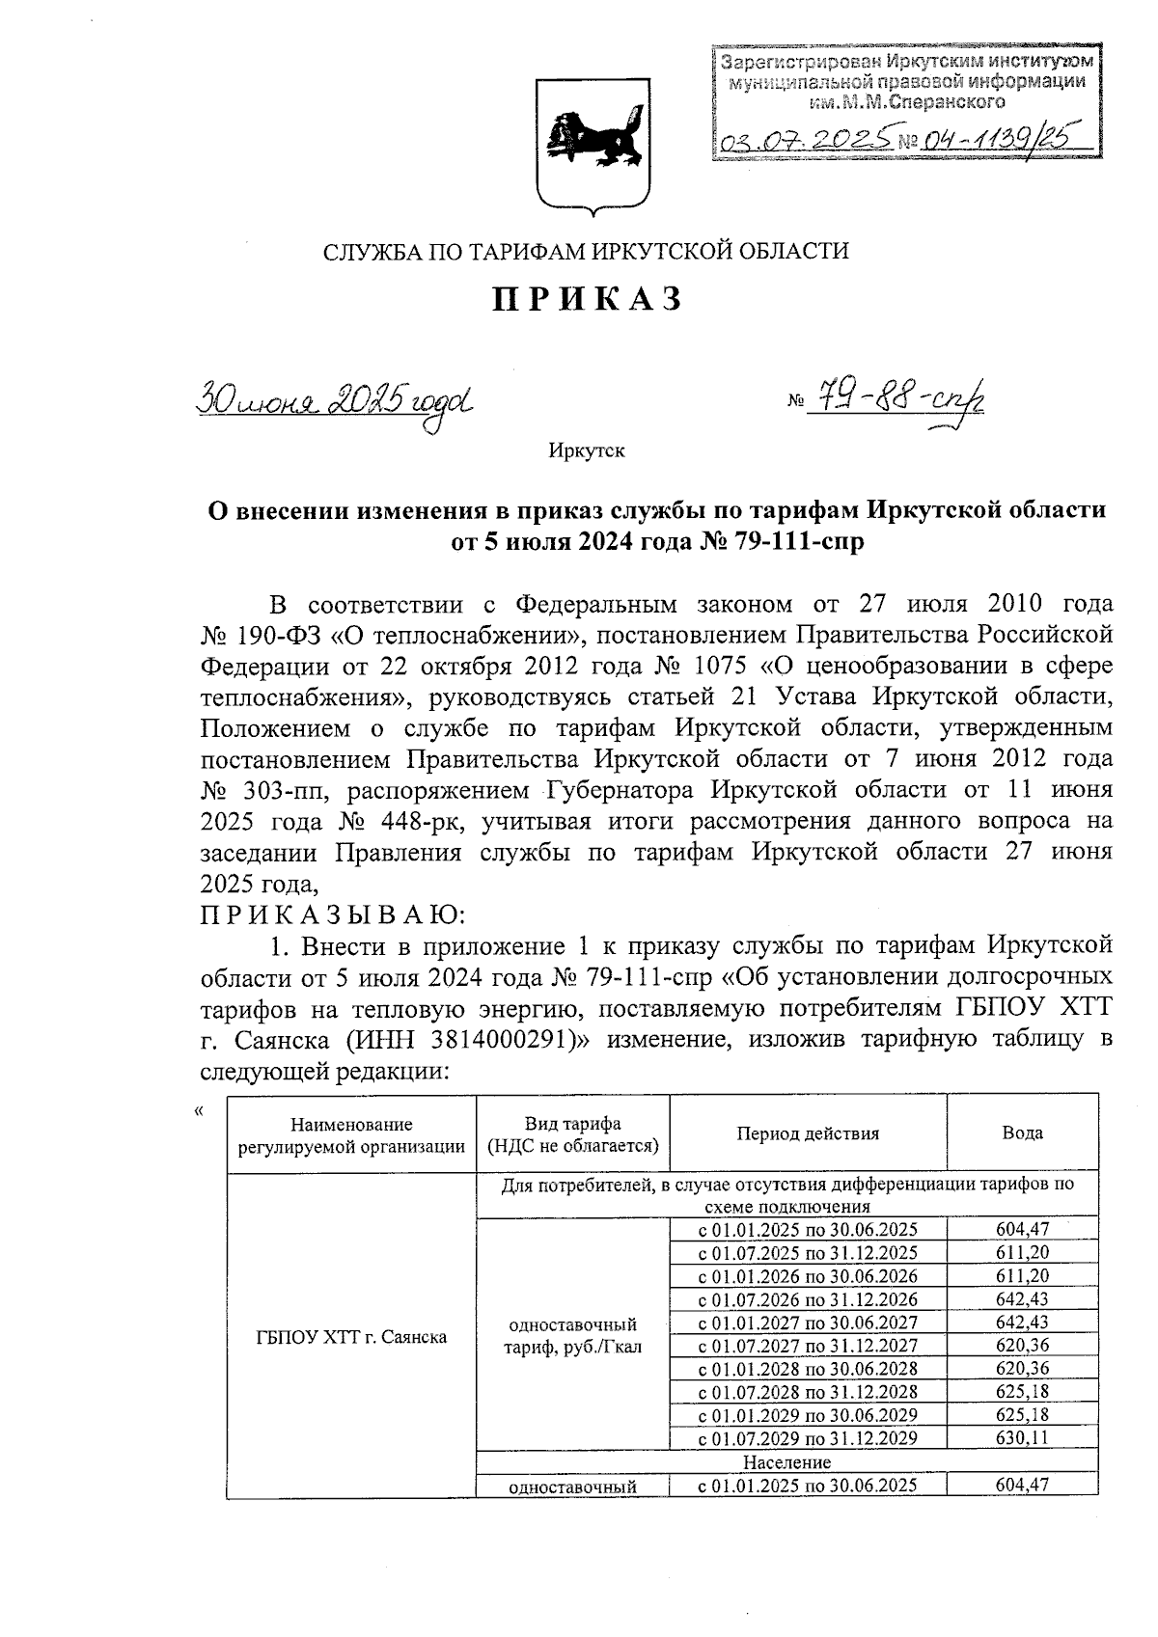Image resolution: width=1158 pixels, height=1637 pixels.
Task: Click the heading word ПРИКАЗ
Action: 589,300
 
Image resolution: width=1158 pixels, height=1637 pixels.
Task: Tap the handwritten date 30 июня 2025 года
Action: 338,397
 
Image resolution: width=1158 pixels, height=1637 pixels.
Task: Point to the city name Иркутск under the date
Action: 587,450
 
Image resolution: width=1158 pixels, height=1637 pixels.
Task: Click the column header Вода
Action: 1022,1133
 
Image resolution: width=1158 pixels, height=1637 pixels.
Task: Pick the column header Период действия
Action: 808,1133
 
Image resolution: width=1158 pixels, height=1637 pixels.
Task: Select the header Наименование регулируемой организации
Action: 351,1135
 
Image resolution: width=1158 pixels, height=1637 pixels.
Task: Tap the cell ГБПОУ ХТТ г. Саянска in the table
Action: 351,1337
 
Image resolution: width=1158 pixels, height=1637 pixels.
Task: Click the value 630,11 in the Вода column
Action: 1022,1438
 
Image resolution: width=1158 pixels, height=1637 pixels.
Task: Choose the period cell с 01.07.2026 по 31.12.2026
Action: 808,1299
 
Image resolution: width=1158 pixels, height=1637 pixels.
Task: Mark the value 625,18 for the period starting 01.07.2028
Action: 1022,1392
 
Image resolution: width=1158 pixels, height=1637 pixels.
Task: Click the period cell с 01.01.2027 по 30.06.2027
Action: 808,1323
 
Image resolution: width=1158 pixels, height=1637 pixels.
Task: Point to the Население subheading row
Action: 787,1462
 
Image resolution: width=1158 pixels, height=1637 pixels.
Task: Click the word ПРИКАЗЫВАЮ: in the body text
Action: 334,914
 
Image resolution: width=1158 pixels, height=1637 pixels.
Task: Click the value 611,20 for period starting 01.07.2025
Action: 1022,1253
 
